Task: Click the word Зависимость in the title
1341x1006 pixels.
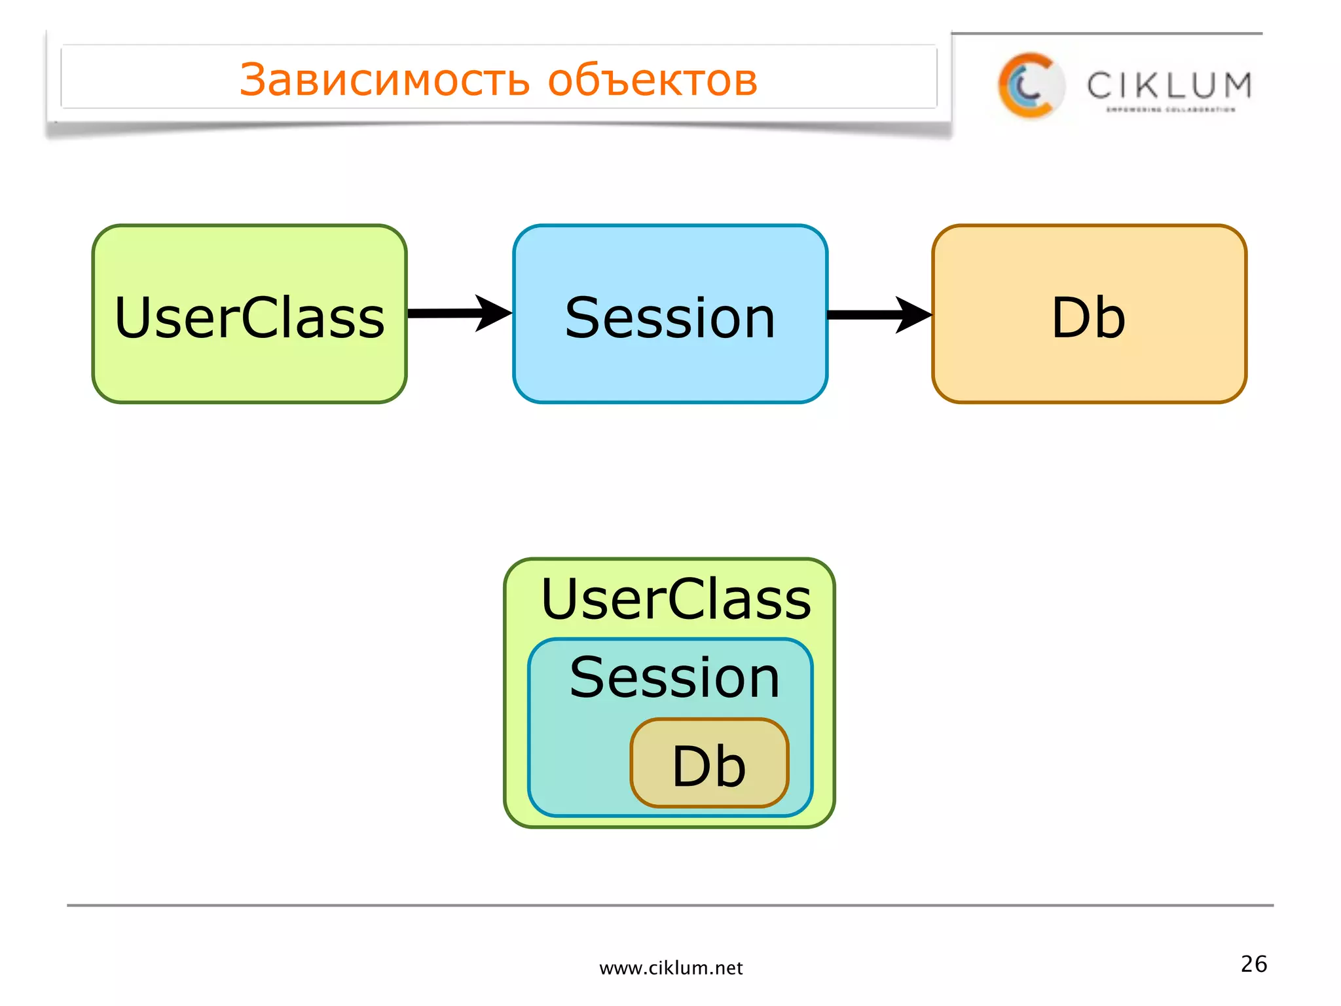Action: click(384, 80)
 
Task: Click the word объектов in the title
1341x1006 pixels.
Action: click(652, 80)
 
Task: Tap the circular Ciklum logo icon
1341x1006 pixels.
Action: click(1030, 86)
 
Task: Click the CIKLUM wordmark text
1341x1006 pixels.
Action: click(1169, 86)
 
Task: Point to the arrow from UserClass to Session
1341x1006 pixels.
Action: click(445, 314)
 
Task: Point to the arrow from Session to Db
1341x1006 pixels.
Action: click(864, 315)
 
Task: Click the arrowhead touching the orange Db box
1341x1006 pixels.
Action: click(913, 315)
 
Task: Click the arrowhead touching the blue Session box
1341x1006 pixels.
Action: click(492, 313)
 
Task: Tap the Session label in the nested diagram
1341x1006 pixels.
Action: click(674, 678)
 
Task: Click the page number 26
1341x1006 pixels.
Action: click(1253, 964)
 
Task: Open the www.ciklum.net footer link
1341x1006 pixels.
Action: click(670, 968)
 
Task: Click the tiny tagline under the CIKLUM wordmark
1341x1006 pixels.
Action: click(1170, 110)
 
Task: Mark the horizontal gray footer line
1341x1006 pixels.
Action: click(670, 905)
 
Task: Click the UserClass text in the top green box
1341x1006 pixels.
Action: click(249, 318)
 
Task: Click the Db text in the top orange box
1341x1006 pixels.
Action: click(1088, 318)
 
